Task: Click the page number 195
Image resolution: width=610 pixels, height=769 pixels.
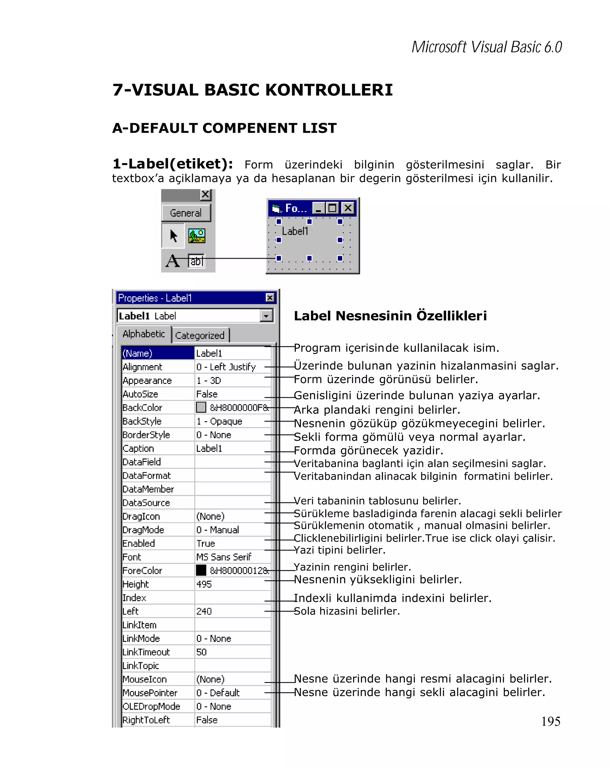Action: pos(550,721)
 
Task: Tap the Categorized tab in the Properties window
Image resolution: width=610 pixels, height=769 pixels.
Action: pos(200,335)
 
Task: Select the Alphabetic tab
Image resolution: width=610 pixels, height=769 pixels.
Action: pos(144,334)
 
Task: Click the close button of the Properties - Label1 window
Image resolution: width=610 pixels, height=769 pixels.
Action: pos(270,298)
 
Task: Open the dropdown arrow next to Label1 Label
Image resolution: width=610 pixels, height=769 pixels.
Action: pos(266,316)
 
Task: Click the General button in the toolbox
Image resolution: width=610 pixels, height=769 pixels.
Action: pos(186,213)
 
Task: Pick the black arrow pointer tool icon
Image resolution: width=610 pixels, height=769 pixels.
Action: pos(173,236)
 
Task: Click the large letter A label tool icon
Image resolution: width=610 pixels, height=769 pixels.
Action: pos(173,261)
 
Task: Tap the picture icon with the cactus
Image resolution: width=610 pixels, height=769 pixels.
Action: pos(197,236)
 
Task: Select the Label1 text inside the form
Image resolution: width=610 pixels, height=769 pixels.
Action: pos(295,231)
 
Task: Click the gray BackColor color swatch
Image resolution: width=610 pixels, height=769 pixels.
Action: pos(201,407)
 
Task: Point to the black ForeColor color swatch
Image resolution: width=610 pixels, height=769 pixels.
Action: pos(201,570)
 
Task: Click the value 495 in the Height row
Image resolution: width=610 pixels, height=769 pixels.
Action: pos(204,584)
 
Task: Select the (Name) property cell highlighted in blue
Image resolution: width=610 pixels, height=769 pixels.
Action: pos(157,353)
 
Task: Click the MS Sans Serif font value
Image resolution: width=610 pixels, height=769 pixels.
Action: pos(224,557)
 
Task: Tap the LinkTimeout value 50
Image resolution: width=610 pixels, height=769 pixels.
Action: pos(201,652)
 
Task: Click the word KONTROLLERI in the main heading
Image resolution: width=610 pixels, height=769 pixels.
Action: pos(329,90)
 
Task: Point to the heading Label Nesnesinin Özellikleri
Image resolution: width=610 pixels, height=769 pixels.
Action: pos(390,316)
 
